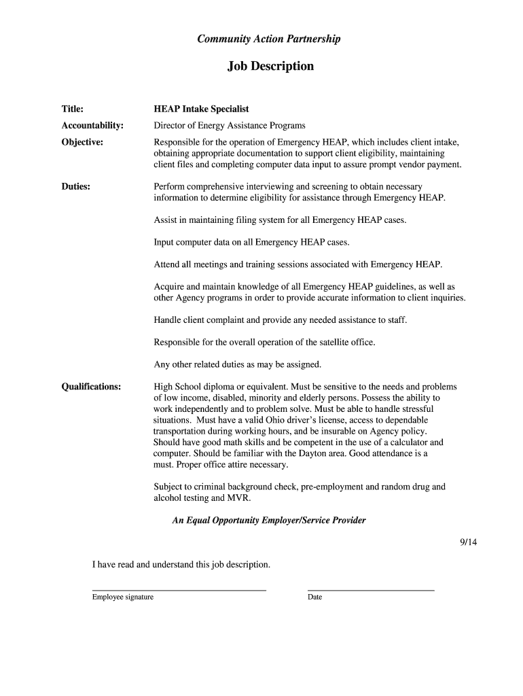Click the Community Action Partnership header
(x=268, y=39)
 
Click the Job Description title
(x=270, y=66)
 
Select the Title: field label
(x=73, y=109)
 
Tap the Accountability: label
(x=92, y=126)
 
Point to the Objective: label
(x=82, y=142)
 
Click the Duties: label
(x=76, y=186)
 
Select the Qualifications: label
(x=91, y=387)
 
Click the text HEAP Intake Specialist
(x=201, y=109)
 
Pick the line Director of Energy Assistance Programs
(x=230, y=126)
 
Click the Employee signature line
(x=179, y=589)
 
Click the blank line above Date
(x=371, y=589)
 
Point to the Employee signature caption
(x=123, y=597)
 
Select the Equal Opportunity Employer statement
(x=269, y=521)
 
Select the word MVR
(x=240, y=498)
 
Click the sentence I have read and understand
(x=181, y=564)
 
